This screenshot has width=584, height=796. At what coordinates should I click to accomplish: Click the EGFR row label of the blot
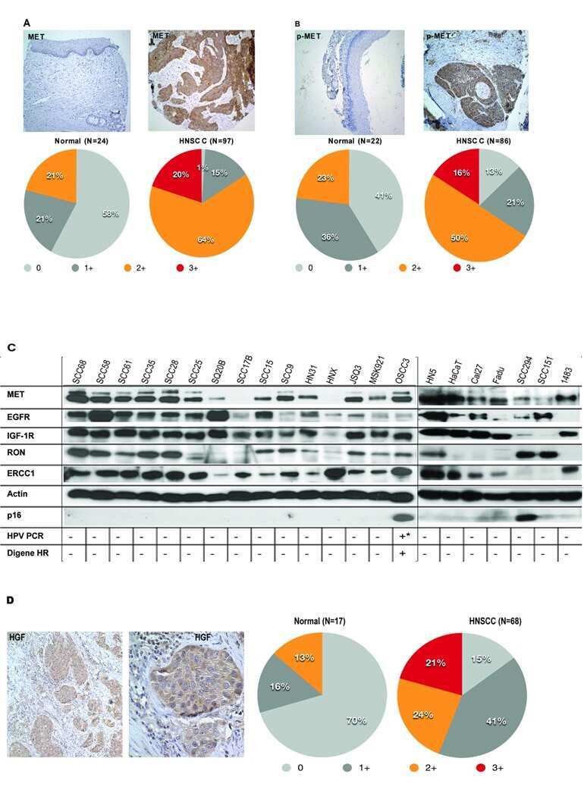[20, 415]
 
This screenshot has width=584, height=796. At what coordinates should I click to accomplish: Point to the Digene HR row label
[28, 552]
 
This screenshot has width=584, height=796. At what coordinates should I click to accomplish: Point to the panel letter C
[11, 346]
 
